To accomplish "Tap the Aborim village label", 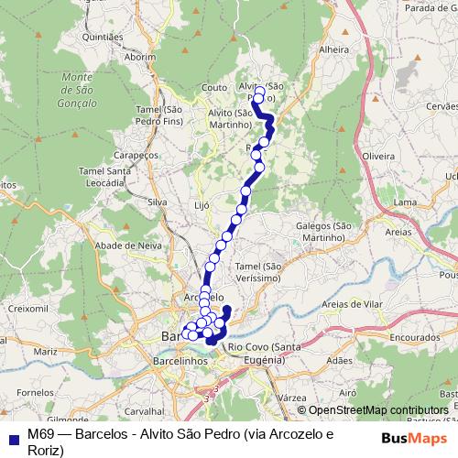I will (x=141, y=56).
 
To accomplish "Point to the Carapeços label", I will (x=138, y=155).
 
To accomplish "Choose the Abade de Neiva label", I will (x=128, y=245).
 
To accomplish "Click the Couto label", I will (x=213, y=88).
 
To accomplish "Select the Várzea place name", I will (x=290, y=398).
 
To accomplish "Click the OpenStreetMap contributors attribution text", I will (x=378, y=410).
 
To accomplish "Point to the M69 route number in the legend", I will (x=39, y=432).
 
